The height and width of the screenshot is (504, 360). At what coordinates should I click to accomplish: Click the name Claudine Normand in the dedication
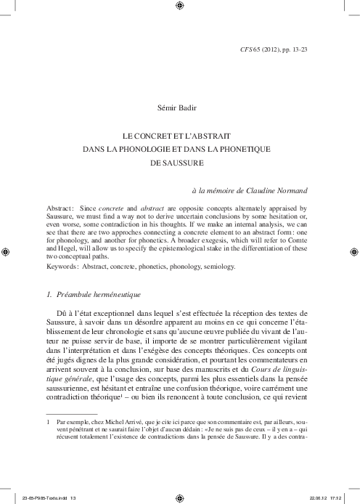[x=276, y=190]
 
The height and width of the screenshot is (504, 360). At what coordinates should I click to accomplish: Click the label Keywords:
[x=63, y=267]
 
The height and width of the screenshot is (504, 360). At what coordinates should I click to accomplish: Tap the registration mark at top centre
[x=180, y=7]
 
